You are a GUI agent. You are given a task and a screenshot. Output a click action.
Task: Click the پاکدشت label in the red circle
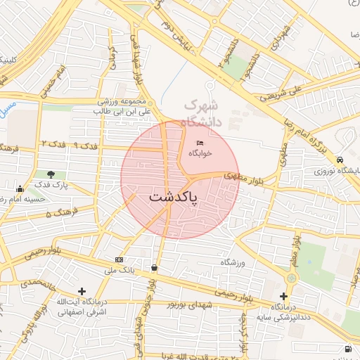point(174,198)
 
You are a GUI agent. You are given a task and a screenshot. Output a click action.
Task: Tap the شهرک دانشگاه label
point(202,113)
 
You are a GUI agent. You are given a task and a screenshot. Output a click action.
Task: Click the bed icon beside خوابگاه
point(200,143)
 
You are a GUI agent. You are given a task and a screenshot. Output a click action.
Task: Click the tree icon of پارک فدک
point(50,174)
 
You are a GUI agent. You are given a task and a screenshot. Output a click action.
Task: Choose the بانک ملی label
point(118,269)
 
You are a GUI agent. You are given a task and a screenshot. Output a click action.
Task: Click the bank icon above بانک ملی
point(119,260)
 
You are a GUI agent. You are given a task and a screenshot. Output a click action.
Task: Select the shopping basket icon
point(154,267)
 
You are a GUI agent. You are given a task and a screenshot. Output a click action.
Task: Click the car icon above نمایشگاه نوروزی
point(340,160)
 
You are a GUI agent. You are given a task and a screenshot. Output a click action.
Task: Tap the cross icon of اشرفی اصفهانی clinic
point(83,290)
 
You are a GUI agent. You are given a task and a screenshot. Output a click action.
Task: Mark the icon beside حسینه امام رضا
point(20,188)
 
